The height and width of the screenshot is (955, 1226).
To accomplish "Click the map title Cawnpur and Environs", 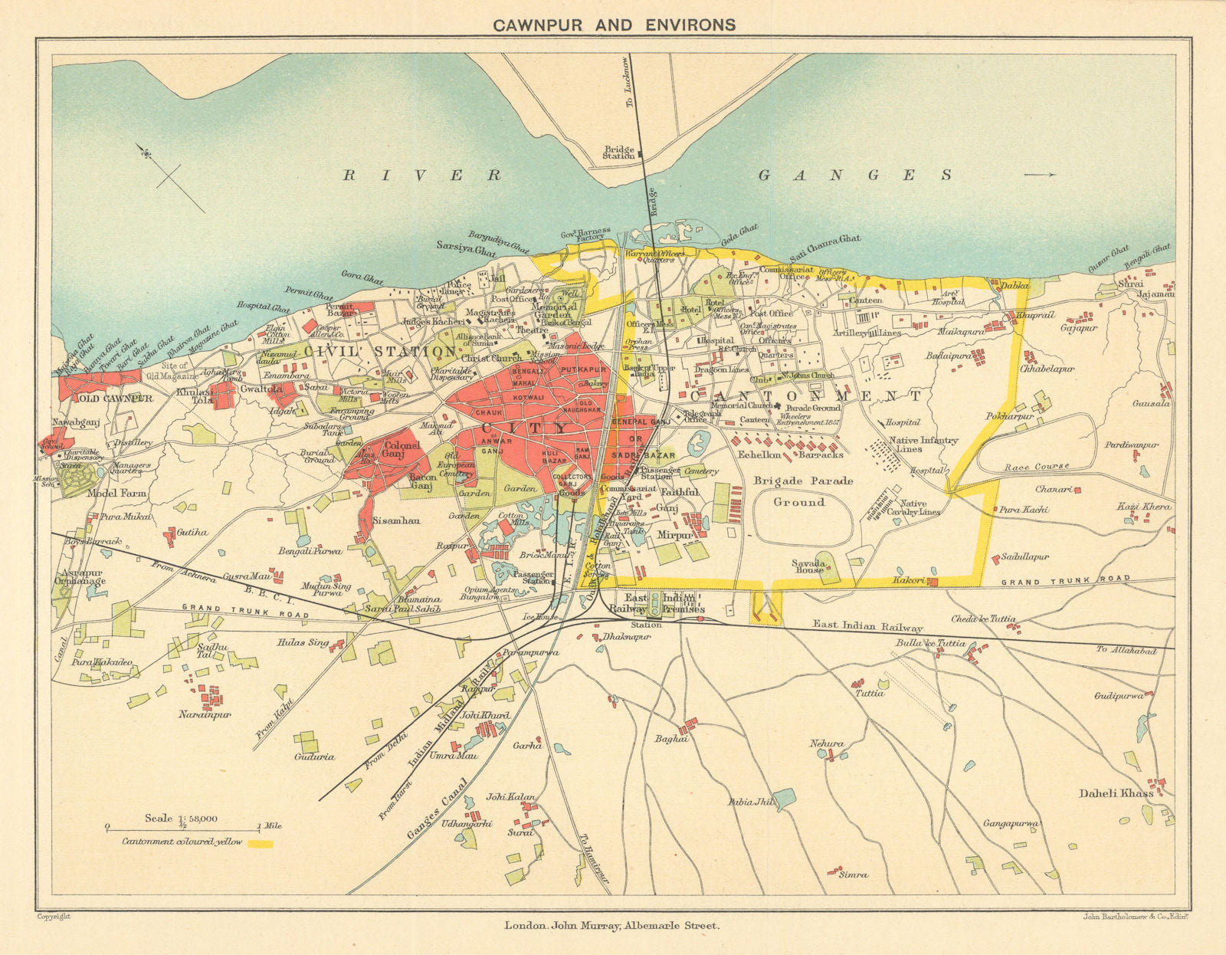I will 613,25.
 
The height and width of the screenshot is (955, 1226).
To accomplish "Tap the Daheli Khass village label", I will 1116,793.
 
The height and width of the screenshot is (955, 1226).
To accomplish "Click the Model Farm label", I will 116,494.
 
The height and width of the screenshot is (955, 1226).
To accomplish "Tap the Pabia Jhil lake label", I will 752,802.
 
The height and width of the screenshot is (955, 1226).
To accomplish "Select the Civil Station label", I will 380,351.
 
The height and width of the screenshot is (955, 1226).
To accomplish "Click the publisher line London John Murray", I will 611,926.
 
